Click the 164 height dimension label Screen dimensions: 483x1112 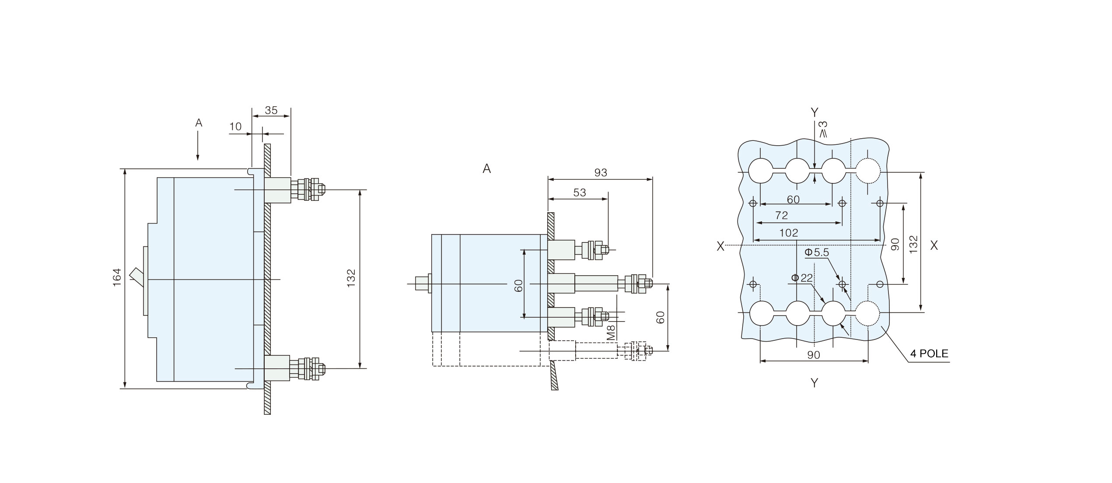[117, 277]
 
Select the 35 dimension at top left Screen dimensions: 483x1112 [271, 110]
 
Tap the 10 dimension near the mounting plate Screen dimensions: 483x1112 [235, 127]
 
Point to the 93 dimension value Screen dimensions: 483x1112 [601, 173]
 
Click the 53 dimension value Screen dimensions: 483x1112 [579, 193]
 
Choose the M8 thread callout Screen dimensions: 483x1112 [611, 332]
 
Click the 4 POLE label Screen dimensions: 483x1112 [929, 353]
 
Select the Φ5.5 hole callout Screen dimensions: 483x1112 [816, 252]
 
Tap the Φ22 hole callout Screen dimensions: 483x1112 [801, 278]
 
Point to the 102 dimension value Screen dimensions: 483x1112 [788, 233]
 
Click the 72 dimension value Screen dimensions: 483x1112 [781, 216]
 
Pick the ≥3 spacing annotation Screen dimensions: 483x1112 [823, 129]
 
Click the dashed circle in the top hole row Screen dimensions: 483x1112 [868, 171]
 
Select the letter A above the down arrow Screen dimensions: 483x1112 [199, 123]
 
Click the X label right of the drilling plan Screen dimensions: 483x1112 [934, 246]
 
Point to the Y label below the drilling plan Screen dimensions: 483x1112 [814, 383]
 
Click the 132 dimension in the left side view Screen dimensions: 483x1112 [351, 278]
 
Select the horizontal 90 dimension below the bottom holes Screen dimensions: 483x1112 [813, 355]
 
